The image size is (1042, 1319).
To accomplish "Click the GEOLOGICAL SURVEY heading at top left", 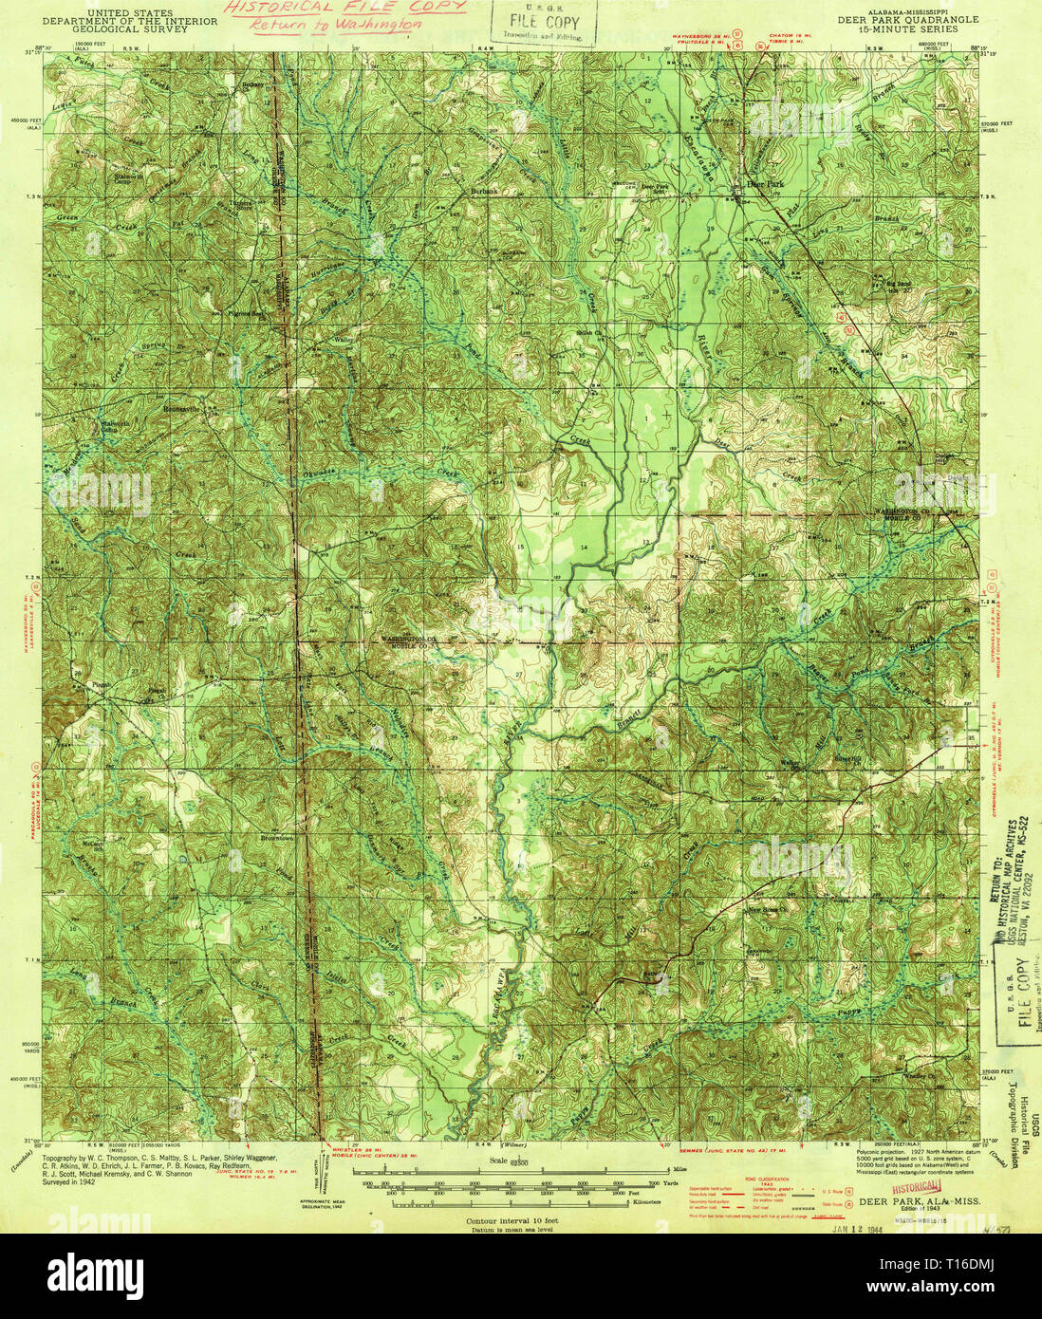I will (128, 28).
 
